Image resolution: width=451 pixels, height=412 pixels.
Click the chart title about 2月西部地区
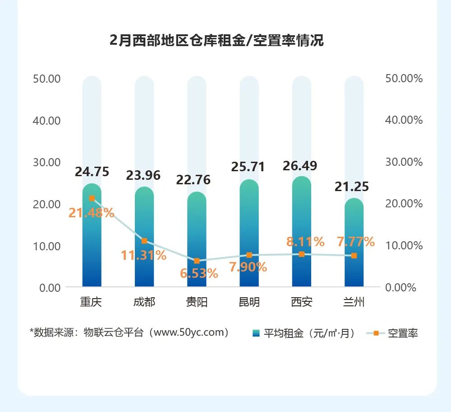coord(216,41)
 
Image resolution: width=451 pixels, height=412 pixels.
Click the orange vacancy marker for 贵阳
coord(197,261)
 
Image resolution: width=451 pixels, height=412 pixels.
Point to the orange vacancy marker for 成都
coord(144,241)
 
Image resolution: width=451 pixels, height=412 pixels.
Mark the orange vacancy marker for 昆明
coord(249,255)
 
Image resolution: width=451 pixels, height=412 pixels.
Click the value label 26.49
coord(300,166)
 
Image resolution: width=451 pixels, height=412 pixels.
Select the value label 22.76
coord(193,180)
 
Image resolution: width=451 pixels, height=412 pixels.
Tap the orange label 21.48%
coord(92,213)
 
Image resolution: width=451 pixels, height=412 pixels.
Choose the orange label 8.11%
coord(305,242)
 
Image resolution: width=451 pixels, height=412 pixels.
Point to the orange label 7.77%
coord(356,242)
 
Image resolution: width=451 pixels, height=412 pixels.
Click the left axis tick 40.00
coord(47,120)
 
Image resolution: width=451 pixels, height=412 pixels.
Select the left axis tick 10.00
coord(47,246)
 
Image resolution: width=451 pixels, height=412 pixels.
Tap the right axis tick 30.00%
coord(404,162)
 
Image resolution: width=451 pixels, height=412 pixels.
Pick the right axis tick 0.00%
coord(401,287)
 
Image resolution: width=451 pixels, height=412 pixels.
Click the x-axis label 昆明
coord(249,302)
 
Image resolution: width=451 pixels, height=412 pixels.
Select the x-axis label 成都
coord(144,302)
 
